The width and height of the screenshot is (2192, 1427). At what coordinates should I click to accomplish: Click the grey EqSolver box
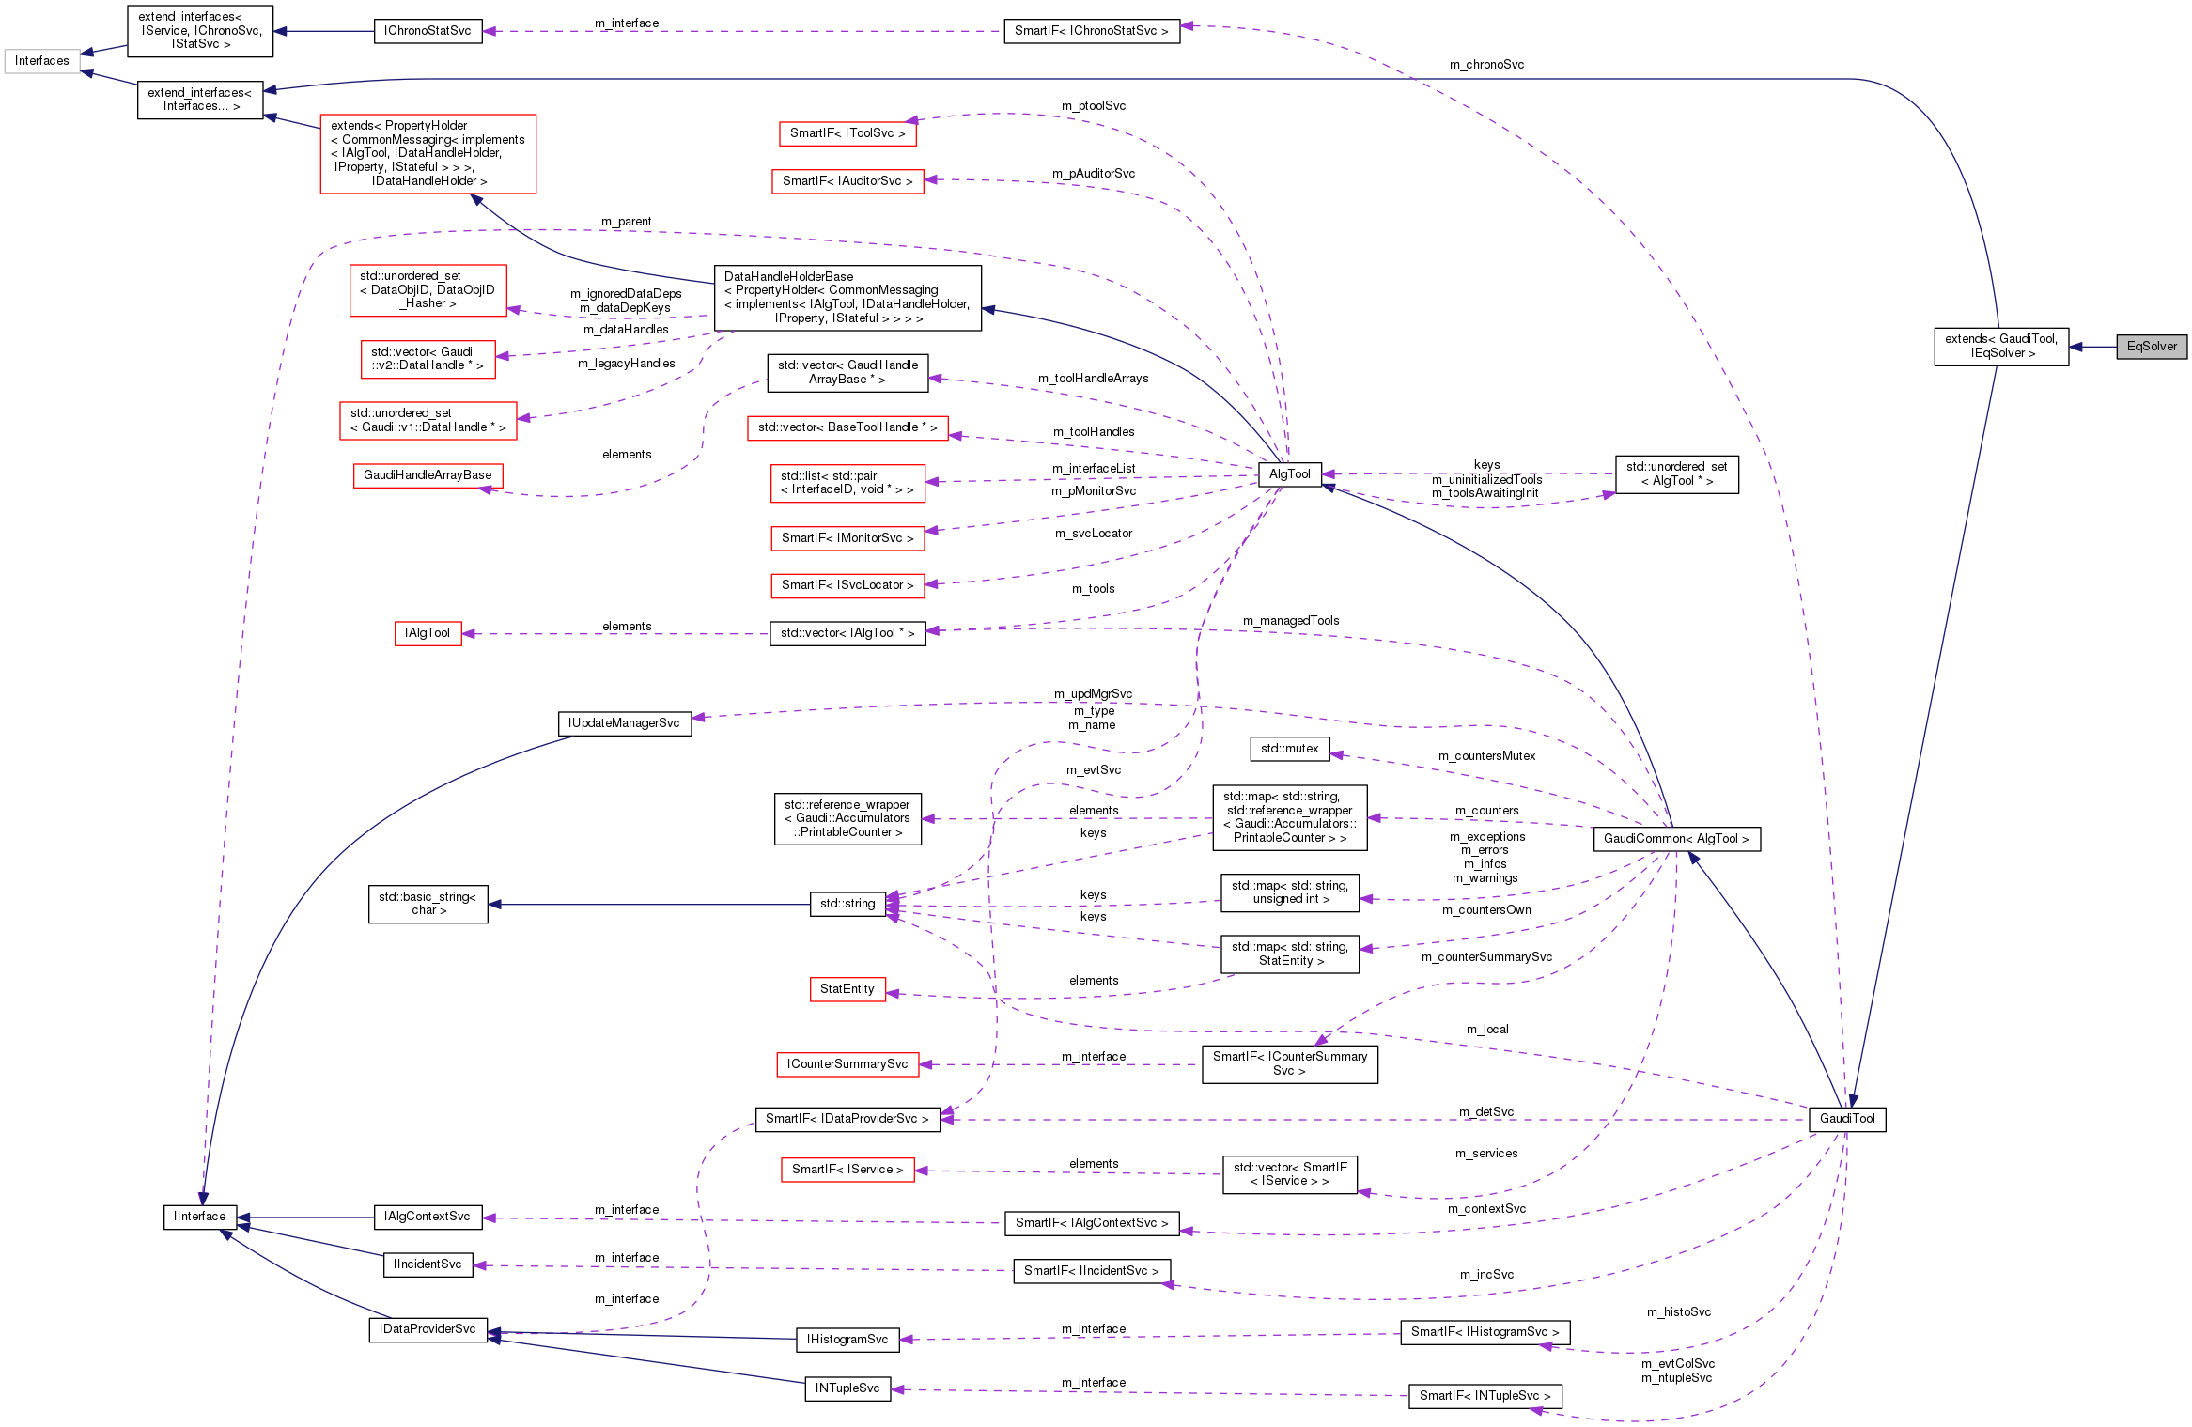[x=2151, y=347]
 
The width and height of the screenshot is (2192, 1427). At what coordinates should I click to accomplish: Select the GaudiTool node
[x=1846, y=1119]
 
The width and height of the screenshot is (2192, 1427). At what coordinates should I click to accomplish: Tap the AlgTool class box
[x=1289, y=474]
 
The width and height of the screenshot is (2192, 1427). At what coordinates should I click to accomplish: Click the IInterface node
[x=200, y=1217]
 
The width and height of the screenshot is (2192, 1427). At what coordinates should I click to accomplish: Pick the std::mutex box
[x=1289, y=749]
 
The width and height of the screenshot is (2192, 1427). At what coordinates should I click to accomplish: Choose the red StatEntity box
[x=847, y=989]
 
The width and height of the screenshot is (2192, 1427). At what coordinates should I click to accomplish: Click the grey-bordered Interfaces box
[x=41, y=61]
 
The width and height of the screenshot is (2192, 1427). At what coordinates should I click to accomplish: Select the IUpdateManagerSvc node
[x=624, y=723]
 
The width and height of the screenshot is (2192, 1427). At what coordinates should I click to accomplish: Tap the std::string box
[x=847, y=904]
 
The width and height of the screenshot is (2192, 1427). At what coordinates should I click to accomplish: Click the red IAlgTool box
[x=428, y=633]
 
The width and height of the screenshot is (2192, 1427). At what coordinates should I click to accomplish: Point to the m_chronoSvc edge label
[x=1486, y=65]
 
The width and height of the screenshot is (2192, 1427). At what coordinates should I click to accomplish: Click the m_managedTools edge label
[x=1290, y=621]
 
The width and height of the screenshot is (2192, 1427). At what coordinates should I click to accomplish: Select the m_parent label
[x=626, y=222]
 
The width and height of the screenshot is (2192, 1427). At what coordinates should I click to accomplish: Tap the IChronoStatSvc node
[x=428, y=31]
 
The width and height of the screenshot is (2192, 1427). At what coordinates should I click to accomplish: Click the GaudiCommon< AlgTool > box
[x=1675, y=839]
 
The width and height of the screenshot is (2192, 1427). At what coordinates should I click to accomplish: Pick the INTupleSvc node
[x=847, y=1388]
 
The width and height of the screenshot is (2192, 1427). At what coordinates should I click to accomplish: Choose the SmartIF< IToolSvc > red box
[x=847, y=133]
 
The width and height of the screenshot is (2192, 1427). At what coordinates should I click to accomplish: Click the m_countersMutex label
[x=1486, y=756]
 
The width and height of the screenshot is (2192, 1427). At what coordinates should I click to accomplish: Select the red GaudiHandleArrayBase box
[x=428, y=475]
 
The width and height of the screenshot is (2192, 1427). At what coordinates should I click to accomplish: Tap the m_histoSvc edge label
[x=1678, y=1312]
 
